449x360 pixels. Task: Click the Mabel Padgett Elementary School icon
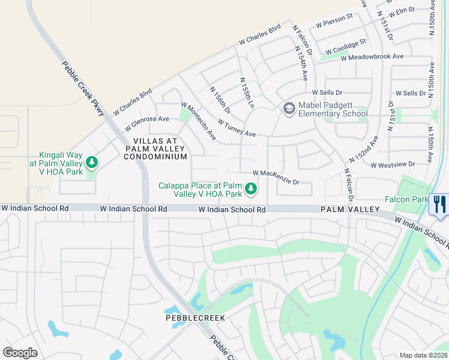click(x=289, y=108)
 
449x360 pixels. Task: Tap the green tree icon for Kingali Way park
click(x=92, y=162)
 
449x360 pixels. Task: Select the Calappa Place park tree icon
click(x=251, y=190)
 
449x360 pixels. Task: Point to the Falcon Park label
click(x=406, y=199)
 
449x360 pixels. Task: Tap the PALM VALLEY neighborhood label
click(x=350, y=209)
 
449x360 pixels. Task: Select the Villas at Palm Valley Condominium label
click(x=155, y=148)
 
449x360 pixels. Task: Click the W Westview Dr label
click(x=393, y=164)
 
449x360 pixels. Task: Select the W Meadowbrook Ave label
click(x=372, y=57)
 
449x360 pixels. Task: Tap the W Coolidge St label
click(x=345, y=45)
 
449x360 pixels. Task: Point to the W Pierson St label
click(x=334, y=23)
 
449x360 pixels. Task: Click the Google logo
click(x=20, y=352)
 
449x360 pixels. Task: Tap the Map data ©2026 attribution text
click(x=423, y=355)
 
